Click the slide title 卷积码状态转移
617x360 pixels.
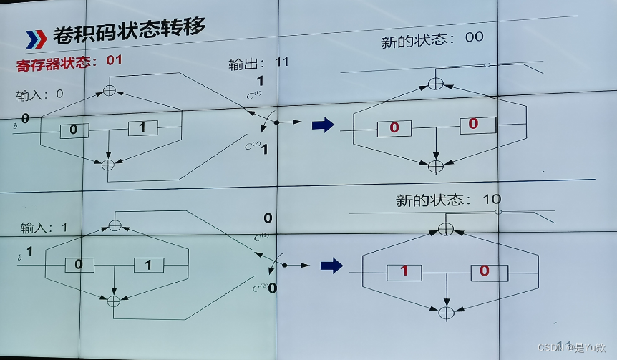click(129, 33)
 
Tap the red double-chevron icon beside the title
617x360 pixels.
click(37, 39)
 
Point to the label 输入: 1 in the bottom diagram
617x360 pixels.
click(44, 228)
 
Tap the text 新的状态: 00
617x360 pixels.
click(433, 39)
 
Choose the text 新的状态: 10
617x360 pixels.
click(448, 200)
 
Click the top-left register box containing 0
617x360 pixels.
click(74, 130)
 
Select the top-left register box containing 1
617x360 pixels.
click(142, 128)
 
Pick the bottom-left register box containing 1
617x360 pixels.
click(148, 264)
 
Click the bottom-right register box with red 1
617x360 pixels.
click(404, 271)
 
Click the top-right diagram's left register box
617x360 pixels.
click(394, 127)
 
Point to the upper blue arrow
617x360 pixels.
click(324, 125)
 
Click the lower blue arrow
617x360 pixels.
click(331, 266)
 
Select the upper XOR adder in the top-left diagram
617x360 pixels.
click(110, 89)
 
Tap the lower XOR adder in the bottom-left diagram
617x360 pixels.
click(113, 301)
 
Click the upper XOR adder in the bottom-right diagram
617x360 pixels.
click(445, 228)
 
